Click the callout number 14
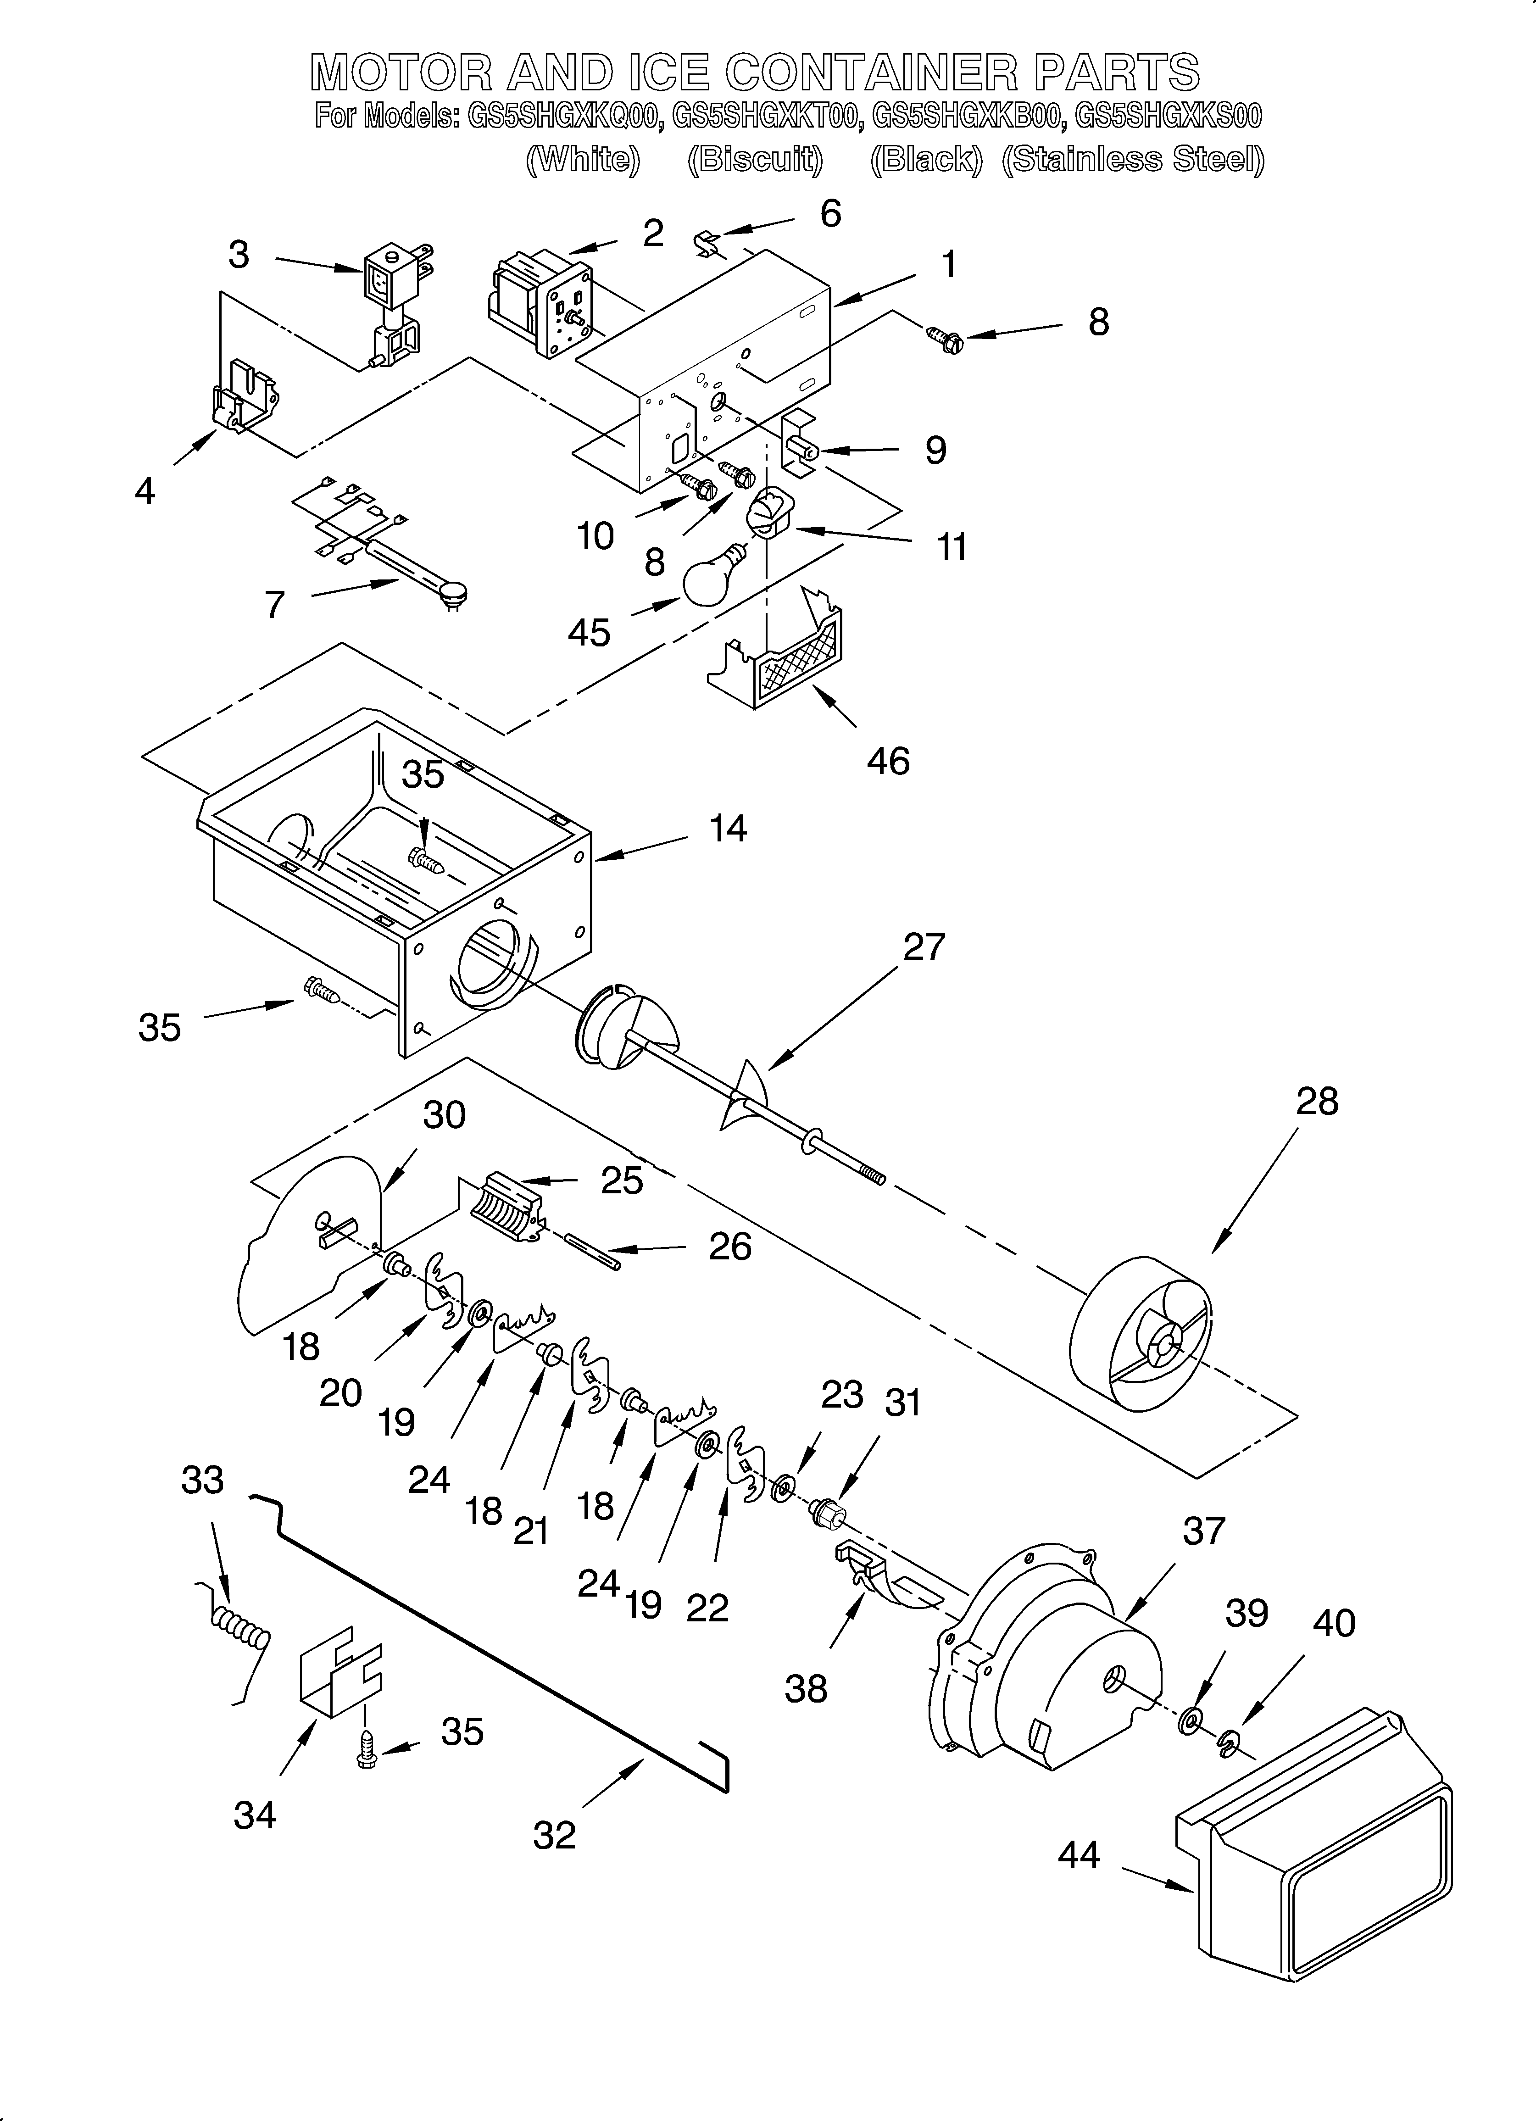coord(728,829)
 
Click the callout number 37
coord(1203,1531)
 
